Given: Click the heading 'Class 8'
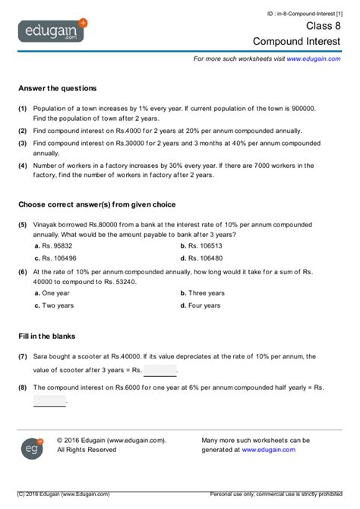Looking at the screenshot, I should point(324,25).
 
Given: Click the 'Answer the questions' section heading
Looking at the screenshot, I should point(57,88).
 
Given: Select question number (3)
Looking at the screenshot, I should point(23,143).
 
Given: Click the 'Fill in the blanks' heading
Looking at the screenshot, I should point(47,335).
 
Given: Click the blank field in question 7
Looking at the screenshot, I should point(159,371).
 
